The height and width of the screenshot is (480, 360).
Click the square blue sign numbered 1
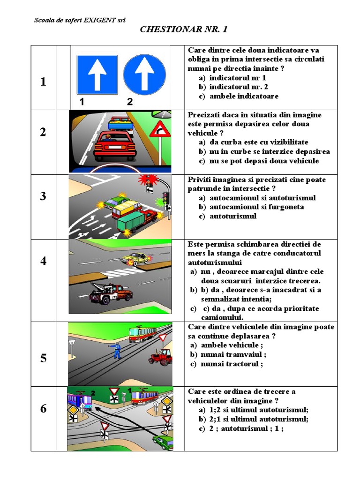[97, 74]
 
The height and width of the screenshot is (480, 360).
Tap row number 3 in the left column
[43, 196]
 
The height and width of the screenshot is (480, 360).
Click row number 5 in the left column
[43, 359]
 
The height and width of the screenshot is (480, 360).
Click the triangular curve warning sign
[160, 130]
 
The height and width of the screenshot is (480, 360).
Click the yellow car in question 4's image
[135, 258]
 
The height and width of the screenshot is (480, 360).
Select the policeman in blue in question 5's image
[116, 350]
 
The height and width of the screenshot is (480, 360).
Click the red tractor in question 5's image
[160, 356]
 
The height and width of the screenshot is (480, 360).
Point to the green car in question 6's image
[162, 442]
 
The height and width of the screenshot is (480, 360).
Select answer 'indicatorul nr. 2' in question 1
[239, 87]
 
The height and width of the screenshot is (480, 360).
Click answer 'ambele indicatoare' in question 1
[244, 97]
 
